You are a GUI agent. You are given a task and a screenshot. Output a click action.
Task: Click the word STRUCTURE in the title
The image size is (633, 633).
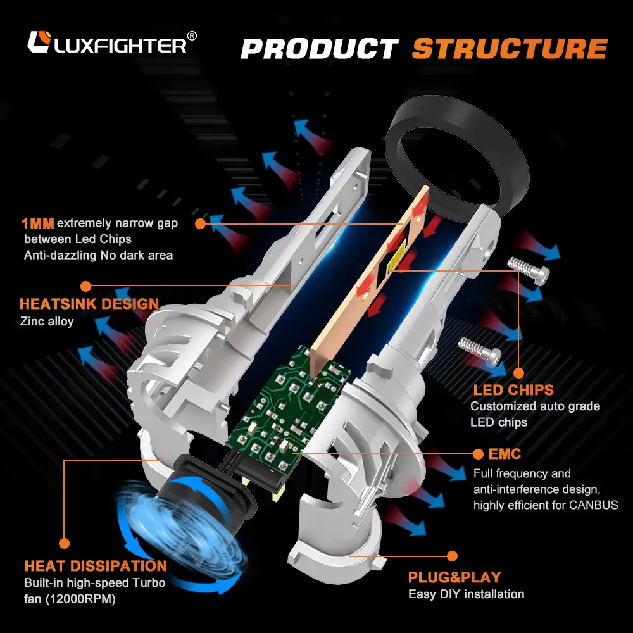click(510, 49)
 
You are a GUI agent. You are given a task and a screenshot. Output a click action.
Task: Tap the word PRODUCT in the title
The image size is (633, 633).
click(320, 49)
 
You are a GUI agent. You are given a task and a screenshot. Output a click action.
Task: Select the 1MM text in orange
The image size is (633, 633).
click(37, 223)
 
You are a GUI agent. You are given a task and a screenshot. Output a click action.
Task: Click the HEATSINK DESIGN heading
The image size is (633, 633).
click(89, 304)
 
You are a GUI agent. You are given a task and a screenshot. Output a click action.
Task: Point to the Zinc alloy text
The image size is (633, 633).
click(47, 321)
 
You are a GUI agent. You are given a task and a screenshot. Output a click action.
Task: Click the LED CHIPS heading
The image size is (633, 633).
click(513, 390)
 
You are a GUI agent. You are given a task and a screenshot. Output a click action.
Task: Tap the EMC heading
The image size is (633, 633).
click(505, 454)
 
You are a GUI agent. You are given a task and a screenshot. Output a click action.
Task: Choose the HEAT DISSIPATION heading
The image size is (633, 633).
click(96, 566)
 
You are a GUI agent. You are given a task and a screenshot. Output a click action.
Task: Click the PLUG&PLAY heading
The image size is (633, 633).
click(454, 577)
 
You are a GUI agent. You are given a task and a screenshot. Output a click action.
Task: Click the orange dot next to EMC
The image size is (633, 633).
click(477, 454)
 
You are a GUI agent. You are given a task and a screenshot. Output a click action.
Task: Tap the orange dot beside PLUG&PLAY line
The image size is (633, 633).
click(451, 556)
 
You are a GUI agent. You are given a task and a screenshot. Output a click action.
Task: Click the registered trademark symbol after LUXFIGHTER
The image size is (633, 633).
click(192, 35)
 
